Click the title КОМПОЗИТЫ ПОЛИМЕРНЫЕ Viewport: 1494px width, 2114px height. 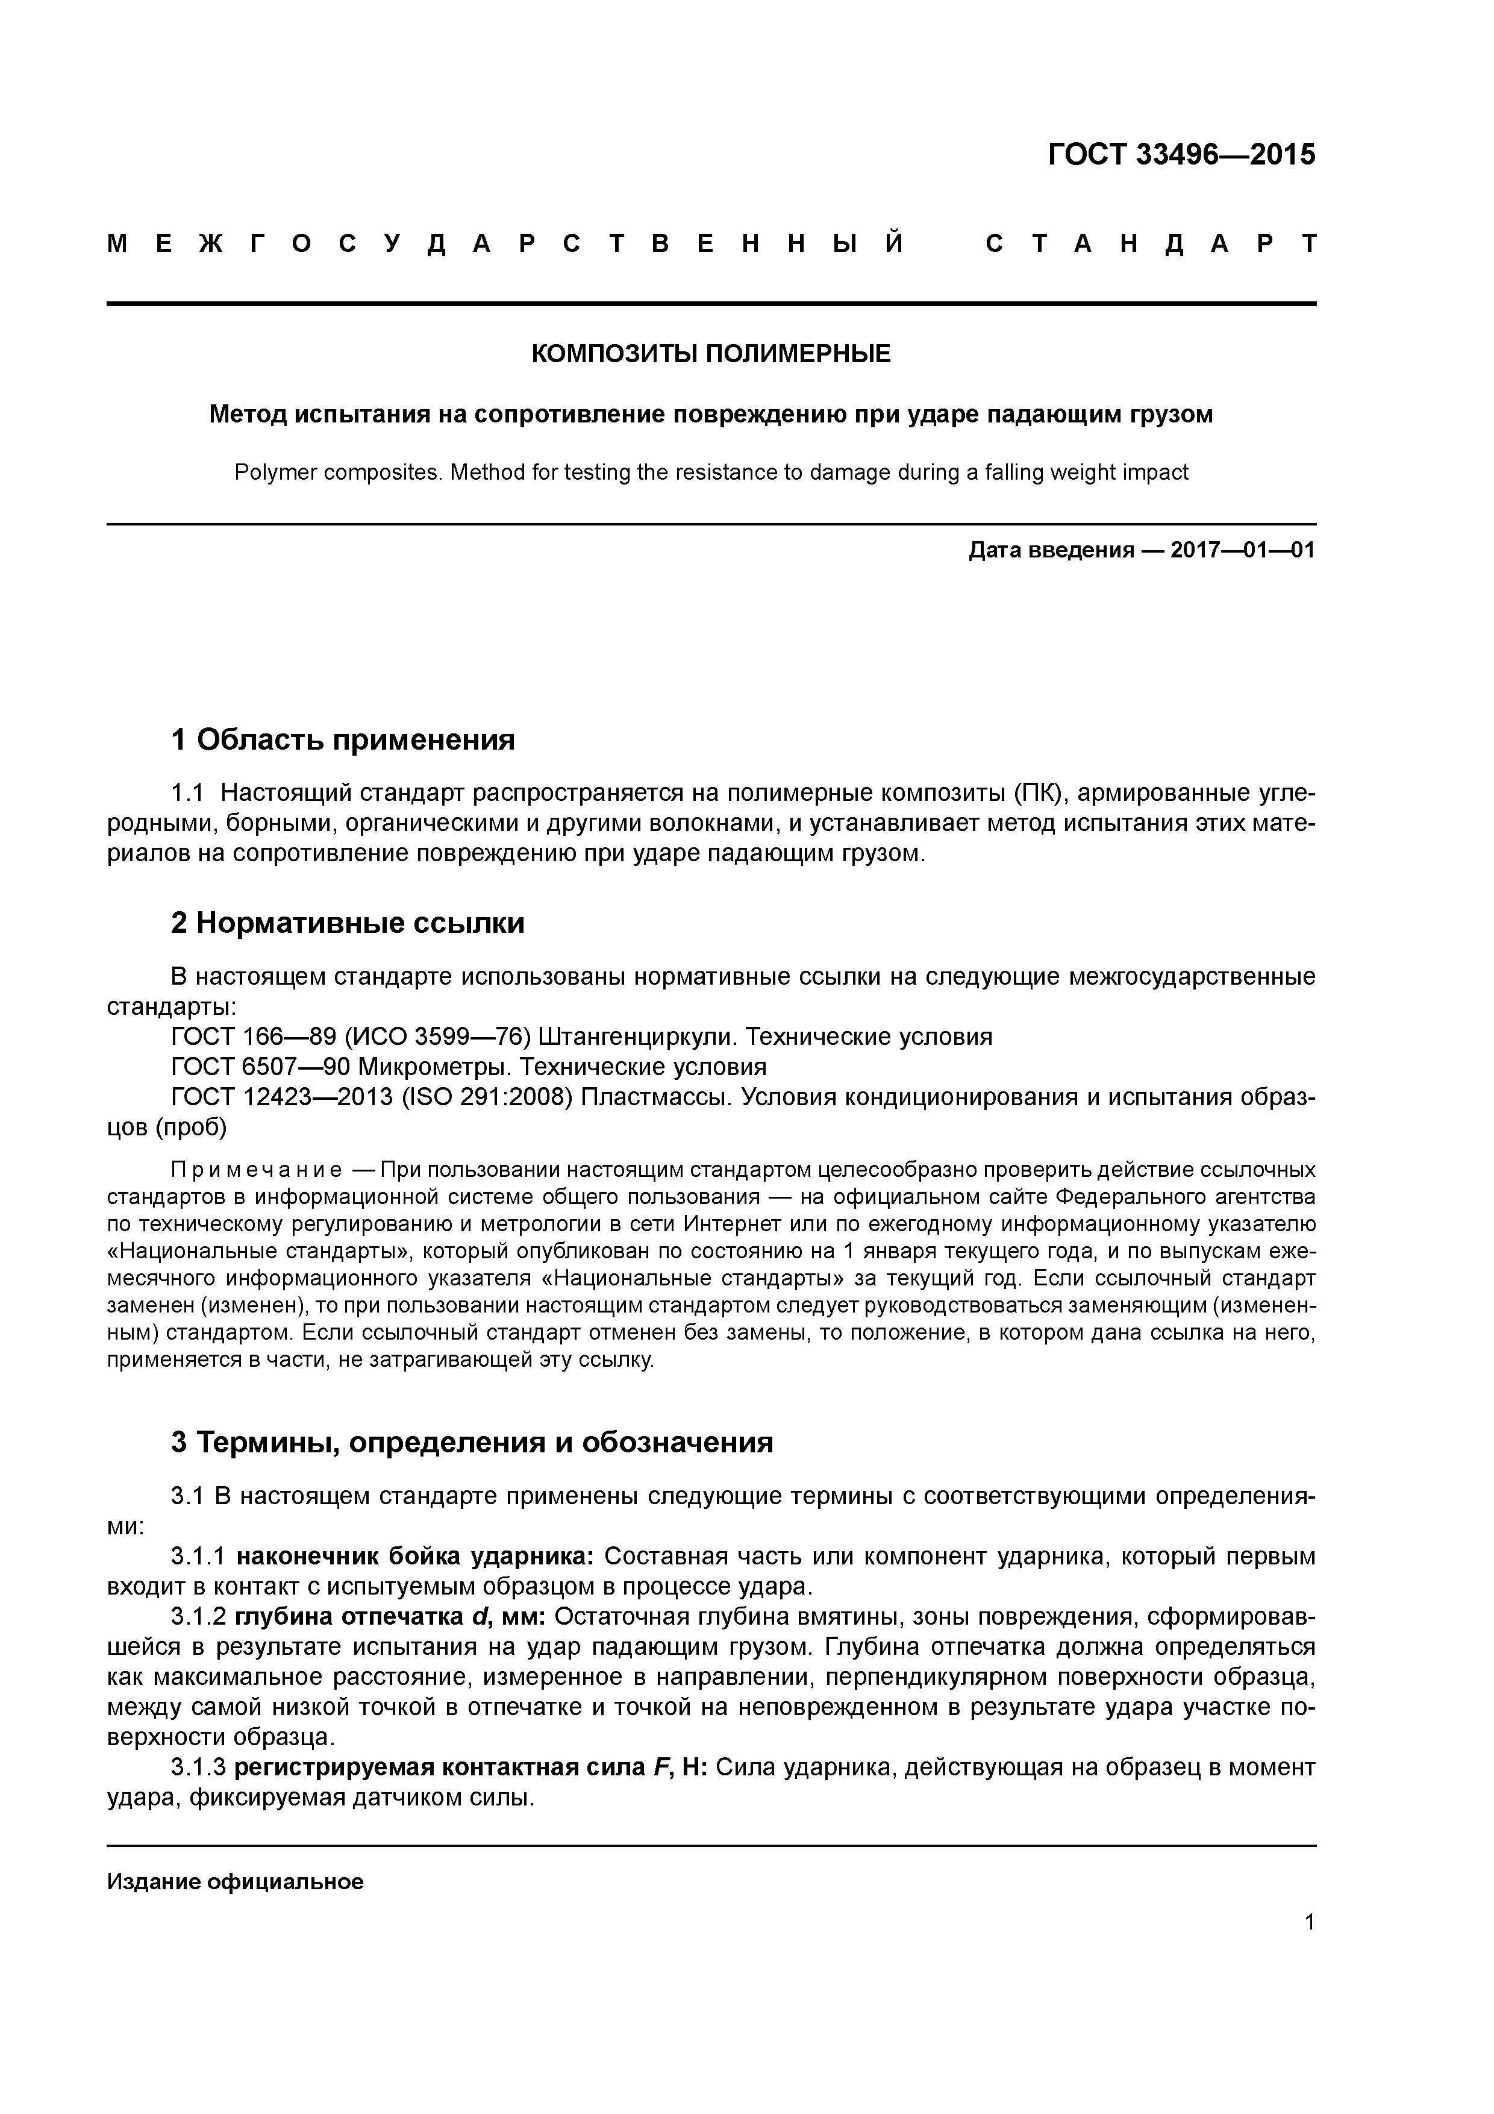coord(711,354)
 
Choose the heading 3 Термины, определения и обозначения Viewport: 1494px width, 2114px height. coord(471,1442)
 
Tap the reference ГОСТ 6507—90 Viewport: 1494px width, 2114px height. coord(260,1067)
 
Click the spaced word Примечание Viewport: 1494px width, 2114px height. coord(257,1170)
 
